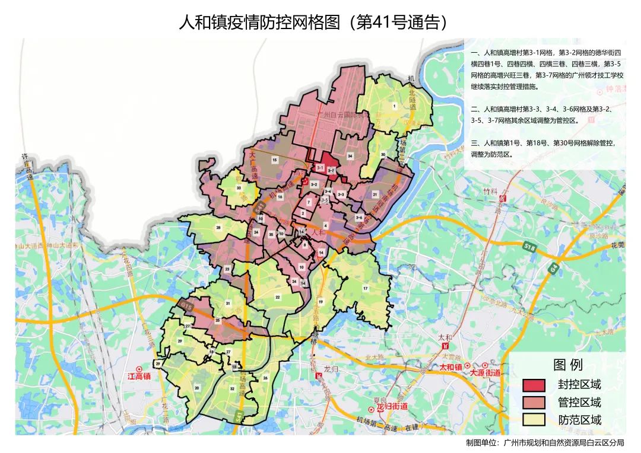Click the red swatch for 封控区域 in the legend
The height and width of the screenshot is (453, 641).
point(534,385)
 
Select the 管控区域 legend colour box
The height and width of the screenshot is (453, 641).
point(534,403)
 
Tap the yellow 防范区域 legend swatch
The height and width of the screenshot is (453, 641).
point(534,420)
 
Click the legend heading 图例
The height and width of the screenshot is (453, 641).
point(568,364)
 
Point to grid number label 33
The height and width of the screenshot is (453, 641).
point(239,187)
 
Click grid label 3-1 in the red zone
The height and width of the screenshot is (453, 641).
point(320,169)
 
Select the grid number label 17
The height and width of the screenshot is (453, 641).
point(366,289)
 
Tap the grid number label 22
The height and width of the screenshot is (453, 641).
point(277,297)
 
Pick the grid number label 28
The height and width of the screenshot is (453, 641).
point(218,228)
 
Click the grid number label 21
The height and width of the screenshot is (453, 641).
point(375,194)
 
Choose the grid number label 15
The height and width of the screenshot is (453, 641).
point(274,160)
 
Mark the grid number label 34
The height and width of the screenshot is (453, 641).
point(350,157)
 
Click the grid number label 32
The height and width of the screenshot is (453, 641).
point(232,388)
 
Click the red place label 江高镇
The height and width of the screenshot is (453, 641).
point(139,376)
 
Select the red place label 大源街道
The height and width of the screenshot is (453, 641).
point(485,373)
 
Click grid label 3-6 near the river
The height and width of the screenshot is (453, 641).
point(359,218)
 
